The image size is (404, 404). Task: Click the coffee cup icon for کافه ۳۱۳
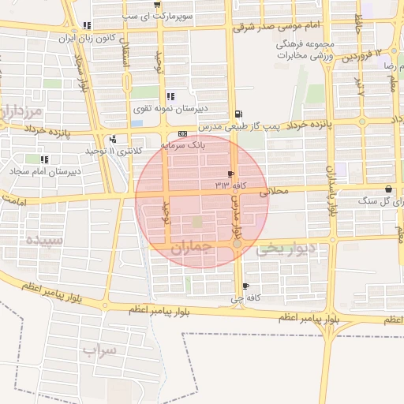pos(230,174)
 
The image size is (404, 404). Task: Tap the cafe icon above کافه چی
pos(246,286)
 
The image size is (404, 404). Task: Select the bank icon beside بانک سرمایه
pos(182,134)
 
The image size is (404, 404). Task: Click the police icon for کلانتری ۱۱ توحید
pos(113,139)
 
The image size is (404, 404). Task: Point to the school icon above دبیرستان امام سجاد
pos(44,159)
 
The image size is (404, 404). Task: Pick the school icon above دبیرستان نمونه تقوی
pos(170,97)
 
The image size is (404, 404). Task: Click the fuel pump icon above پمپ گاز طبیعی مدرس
pos(238,114)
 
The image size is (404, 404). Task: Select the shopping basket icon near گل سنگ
pos(390,189)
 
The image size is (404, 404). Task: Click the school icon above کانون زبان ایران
pos(86,25)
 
